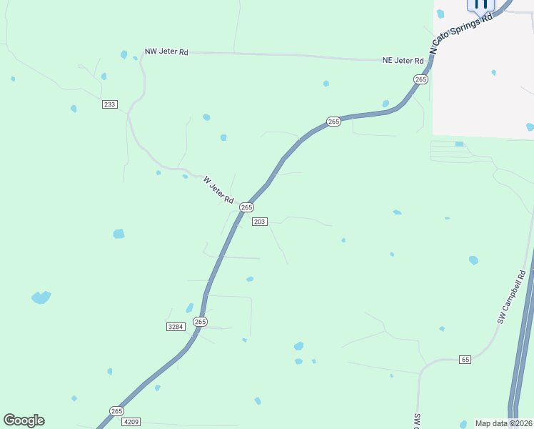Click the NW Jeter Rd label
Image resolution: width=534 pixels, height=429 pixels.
166,51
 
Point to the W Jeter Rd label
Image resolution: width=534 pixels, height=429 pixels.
218,190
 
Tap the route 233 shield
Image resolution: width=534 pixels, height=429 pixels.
109,104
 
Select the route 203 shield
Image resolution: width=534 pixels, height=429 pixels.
259,222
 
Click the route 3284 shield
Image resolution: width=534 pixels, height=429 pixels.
176,327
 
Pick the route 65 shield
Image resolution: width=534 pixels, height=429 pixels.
465,359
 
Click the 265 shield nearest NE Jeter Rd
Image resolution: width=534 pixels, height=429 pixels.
420,79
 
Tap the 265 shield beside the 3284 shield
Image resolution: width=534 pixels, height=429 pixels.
201,322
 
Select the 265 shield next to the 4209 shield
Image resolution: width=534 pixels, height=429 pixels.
117,410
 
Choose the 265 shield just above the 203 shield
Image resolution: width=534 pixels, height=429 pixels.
246,207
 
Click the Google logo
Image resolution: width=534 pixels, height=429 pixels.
24,420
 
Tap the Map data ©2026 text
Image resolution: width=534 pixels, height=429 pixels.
503,423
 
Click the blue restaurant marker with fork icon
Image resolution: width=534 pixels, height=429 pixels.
480,4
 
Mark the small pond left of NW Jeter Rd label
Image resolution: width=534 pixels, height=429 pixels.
124,54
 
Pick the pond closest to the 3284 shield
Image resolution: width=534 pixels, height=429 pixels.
190,308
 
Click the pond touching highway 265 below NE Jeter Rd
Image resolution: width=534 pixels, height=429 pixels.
386,104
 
